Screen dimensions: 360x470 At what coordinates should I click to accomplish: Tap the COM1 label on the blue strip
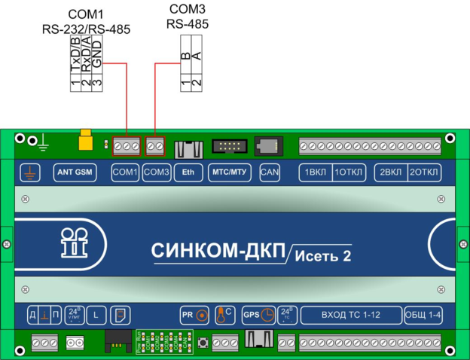tap(125, 172)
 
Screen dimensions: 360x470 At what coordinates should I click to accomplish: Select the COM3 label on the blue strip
tap(157, 172)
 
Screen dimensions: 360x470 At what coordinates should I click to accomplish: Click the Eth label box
tap(188, 172)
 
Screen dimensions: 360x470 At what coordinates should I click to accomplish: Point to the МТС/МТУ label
tap(228, 172)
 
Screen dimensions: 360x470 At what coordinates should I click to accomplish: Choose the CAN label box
tap(270, 172)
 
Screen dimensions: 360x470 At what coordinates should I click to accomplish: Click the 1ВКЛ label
tap(316, 172)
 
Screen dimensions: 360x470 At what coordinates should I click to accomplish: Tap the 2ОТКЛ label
tap(422, 172)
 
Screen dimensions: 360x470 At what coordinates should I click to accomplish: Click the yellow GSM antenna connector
tap(87, 141)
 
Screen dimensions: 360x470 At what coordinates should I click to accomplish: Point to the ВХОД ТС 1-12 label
tap(349, 315)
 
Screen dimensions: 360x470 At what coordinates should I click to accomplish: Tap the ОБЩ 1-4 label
tap(423, 315)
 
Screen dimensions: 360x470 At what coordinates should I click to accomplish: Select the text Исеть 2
tap(322, 255)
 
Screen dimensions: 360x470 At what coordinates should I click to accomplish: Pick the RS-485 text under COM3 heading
tap(187, 24)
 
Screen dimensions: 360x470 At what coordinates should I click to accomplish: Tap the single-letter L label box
tap(96, 315)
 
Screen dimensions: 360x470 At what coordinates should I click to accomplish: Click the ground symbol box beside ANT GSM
tap(30, 172)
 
